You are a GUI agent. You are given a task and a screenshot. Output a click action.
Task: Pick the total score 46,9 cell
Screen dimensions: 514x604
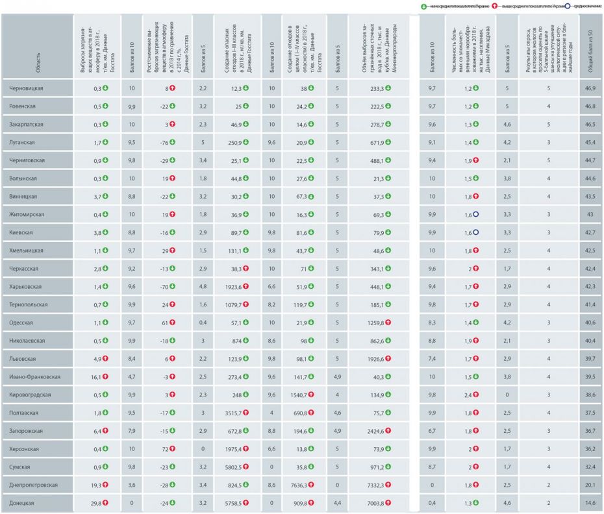pos(590,88)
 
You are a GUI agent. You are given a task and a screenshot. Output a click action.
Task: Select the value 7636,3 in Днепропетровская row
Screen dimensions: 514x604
pos(299,484)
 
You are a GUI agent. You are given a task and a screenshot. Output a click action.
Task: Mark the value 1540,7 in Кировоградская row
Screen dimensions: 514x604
pos(299,394)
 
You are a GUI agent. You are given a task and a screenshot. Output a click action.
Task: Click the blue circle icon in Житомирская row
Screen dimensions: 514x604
pos(476,214)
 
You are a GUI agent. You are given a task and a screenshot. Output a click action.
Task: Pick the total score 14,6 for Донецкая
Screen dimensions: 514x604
pos(590,502)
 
